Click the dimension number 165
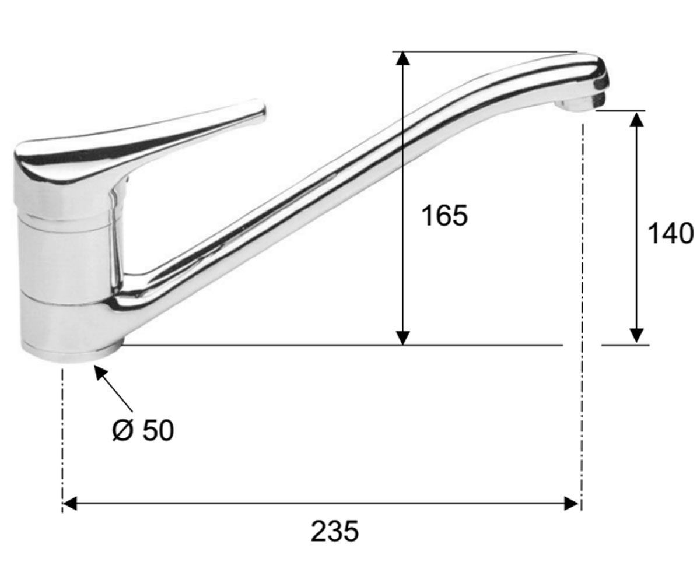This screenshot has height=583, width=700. pyautogui.click(x=444, y=216)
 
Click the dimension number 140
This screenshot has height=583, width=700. pyautogui.click(x=671, y=234)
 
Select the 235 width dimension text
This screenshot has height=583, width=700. pyautogui.click(x=335, y=531)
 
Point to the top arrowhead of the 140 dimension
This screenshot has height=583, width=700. pyautogui.click(x=636, y=120)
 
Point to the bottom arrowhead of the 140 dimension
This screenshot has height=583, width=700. pyautogui.click(x=636, y=336)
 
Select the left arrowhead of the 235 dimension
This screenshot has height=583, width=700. pyautogui.click(x=70, y=503)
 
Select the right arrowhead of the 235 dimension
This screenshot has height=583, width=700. pyautogui.click(x=571, y=503)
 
